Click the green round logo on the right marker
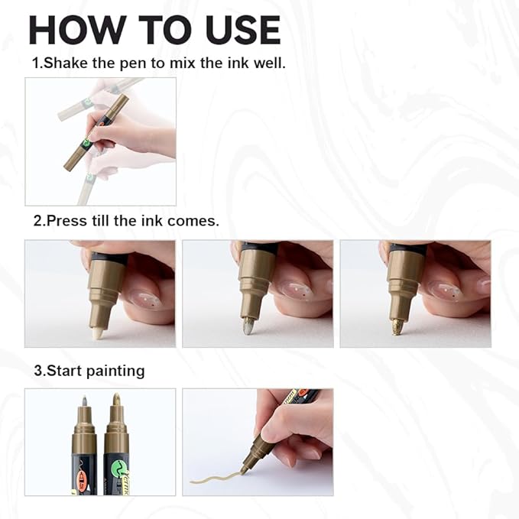[x=117, y=466]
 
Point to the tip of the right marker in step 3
[x=116, y=399]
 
